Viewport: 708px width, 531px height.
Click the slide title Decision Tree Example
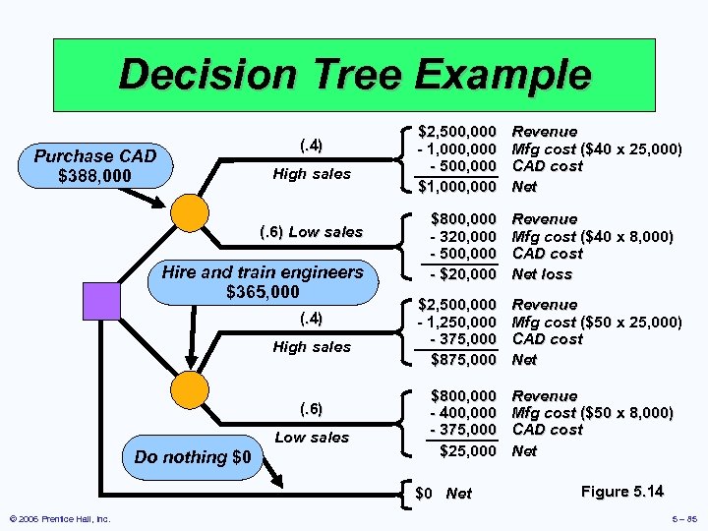(x=355, y=75)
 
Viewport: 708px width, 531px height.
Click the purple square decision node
(x=101, y=300)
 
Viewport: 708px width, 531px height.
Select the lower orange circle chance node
(x=190, y=389)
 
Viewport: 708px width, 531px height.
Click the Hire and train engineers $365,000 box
(x=263, y=282)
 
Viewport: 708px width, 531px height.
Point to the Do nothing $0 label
(x=193, y=457)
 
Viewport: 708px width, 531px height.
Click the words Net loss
(x=543, y=274)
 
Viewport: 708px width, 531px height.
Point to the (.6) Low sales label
(x=311, y=232)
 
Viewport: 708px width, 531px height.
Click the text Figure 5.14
(x=622, y=491)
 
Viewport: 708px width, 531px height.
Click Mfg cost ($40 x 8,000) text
(x=593, y=237)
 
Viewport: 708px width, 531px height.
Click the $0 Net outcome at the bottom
(x=443, y=494)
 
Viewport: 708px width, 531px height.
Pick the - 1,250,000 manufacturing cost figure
(x=457, y=323)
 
